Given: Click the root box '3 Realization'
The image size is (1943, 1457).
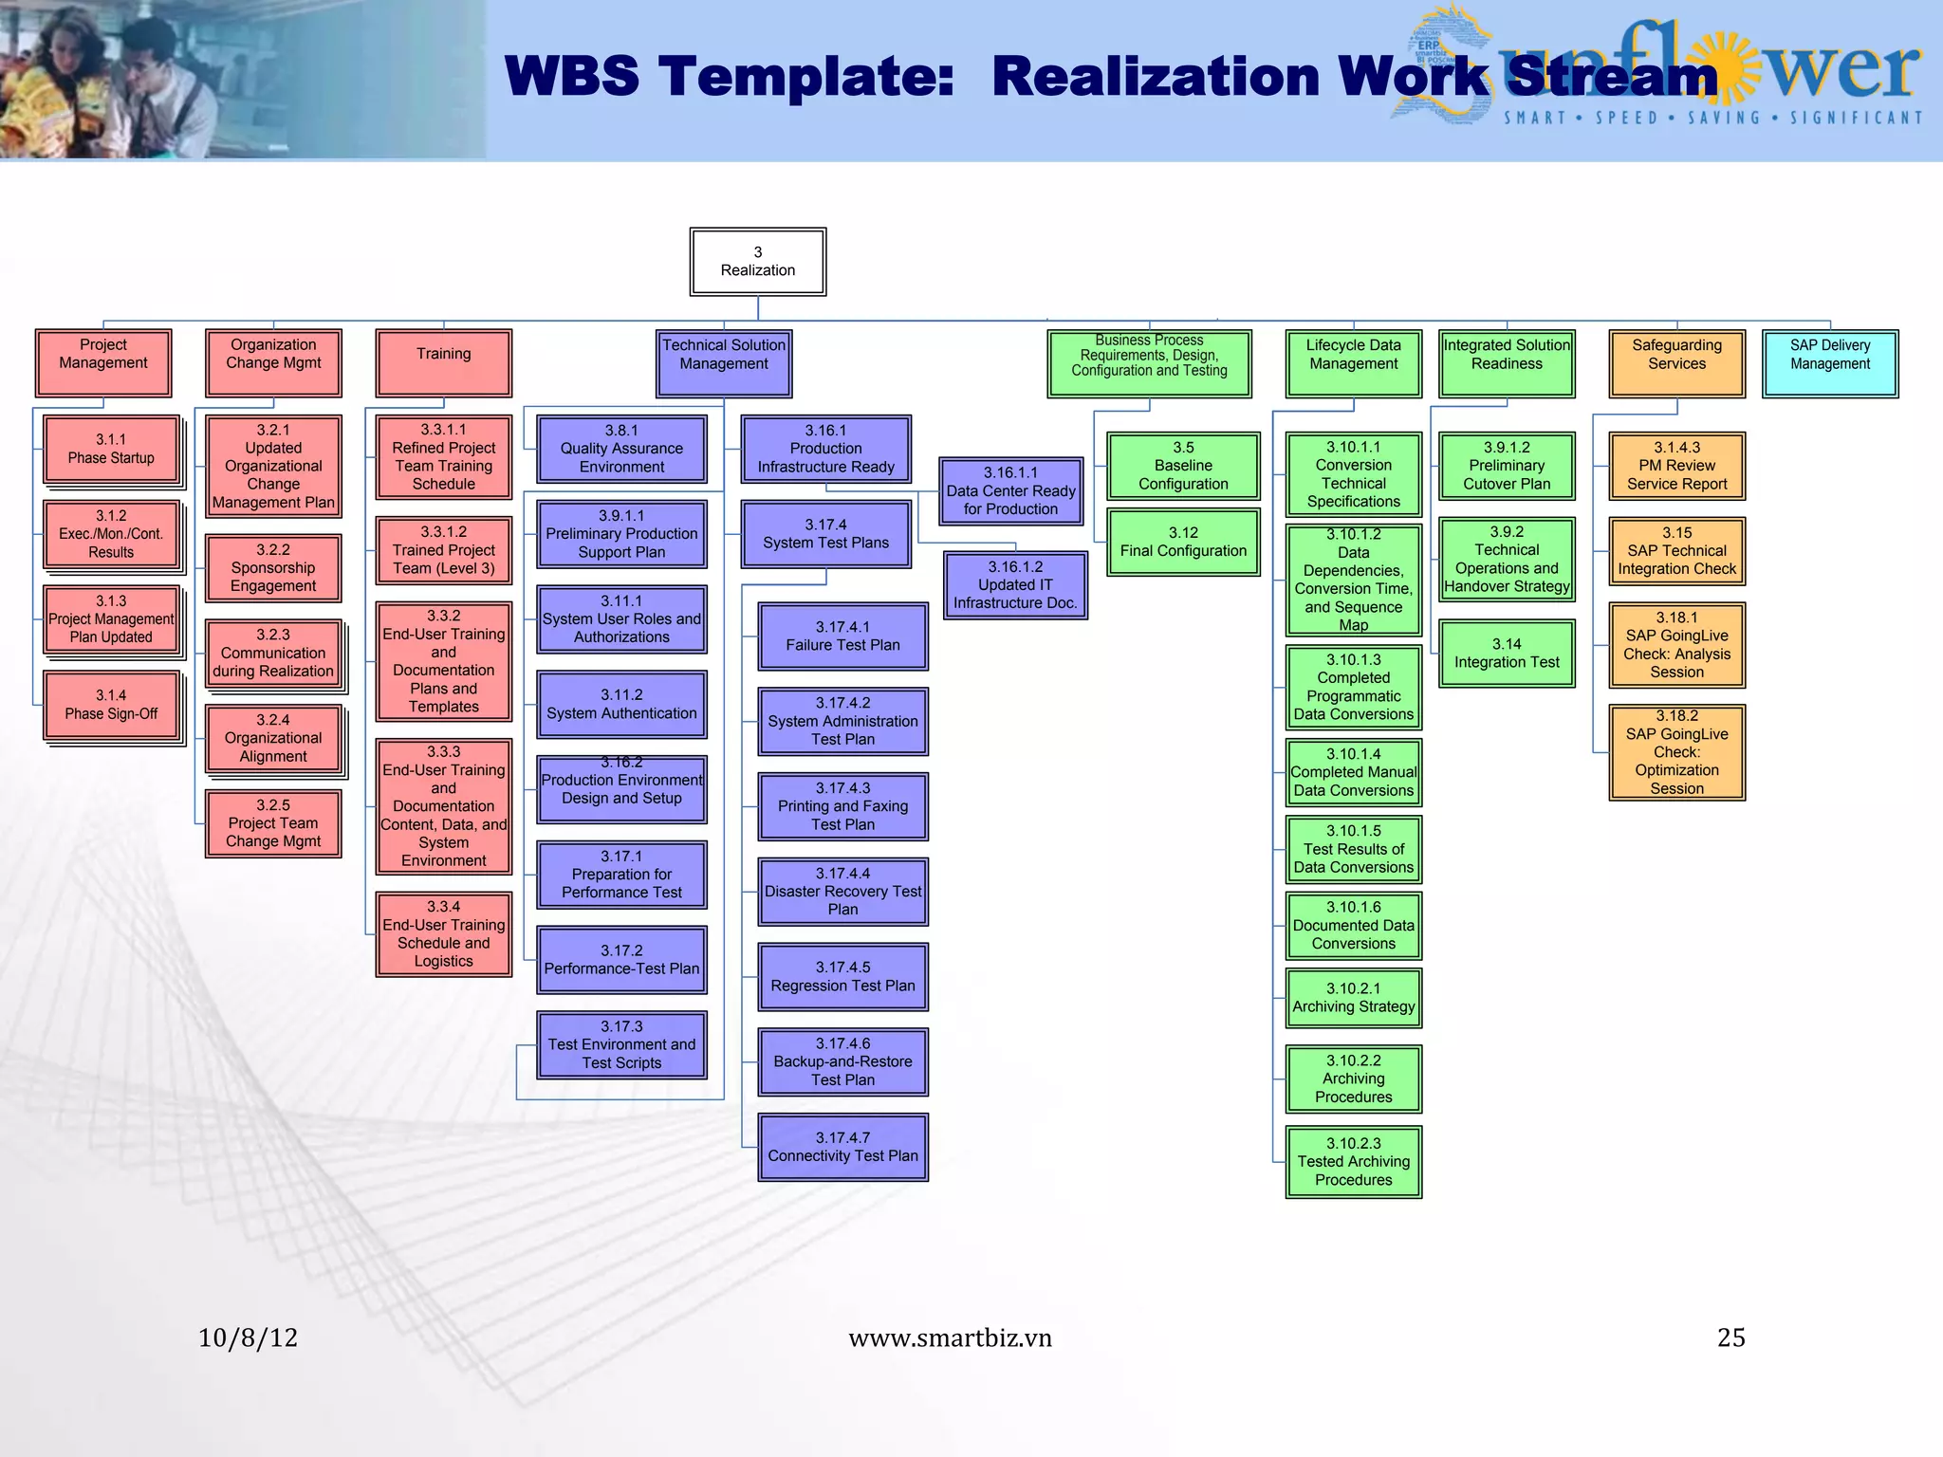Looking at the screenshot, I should [757, 262].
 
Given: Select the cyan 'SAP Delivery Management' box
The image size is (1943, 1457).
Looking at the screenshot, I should [1829, 362].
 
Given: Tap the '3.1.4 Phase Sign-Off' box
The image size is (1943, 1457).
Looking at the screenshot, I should [111, 705].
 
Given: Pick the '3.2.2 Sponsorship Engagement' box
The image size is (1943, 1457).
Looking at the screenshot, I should [273, 567].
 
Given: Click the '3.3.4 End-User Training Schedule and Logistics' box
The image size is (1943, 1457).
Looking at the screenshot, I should [443, 933].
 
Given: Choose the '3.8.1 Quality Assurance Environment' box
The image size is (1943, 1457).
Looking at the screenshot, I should [621, 449].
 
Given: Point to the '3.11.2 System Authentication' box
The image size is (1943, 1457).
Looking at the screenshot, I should [621, 704].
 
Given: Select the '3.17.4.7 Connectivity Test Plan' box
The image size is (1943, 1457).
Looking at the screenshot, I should [842, 1147].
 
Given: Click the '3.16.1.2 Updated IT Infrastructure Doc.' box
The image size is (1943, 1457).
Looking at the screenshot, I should [1015, 584].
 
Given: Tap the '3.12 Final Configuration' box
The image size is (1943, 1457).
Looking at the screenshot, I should [1183, 542].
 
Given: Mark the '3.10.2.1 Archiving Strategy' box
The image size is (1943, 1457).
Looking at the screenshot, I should [1353, 998].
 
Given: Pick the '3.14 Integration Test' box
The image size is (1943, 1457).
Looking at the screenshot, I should [1507, 654].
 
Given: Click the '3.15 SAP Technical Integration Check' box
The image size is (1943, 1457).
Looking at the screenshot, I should [1676, 550].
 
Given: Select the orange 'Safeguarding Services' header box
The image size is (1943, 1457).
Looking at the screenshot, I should [1676, 362].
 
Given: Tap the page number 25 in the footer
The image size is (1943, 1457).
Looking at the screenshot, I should [1730, 1337].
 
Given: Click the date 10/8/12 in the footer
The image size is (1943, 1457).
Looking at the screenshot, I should [248, 1337].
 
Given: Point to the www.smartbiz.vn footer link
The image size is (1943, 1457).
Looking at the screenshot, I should [950, 1337].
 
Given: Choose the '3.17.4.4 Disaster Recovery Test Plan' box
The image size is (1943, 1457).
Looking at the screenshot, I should [842, 891].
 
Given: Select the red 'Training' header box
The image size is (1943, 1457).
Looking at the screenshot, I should [443, 362].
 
